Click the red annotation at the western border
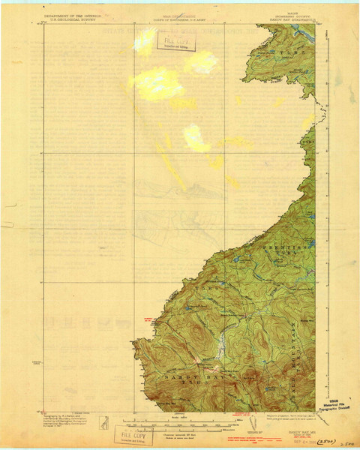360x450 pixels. tap(147, 319)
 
